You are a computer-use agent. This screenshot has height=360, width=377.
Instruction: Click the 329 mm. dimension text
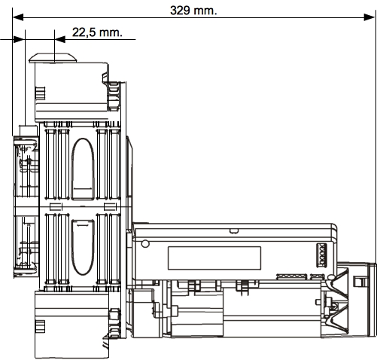tap(193, 11)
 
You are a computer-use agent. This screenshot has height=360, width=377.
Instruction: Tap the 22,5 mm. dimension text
tap(97, 32)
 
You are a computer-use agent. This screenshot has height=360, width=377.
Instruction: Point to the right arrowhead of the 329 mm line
tap(369, 17)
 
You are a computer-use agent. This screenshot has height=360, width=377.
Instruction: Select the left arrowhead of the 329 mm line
tap(18, 17)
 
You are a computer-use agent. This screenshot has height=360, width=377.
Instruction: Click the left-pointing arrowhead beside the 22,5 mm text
tap(60, 39)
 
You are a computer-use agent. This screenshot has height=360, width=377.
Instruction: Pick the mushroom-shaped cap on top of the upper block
tap(53, 58)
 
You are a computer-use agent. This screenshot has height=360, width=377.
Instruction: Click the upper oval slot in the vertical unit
tap(83, 169)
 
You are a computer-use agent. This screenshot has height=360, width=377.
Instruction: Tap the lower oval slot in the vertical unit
tap(83, 247)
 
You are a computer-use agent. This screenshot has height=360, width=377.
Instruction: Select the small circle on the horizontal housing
tap(145, 243)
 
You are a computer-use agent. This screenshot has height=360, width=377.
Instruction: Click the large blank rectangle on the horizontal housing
tap(214, 258)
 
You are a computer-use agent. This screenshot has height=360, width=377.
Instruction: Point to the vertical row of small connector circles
tap(322, 255)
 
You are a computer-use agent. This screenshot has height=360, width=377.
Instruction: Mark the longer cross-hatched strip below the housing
tap(292, 277)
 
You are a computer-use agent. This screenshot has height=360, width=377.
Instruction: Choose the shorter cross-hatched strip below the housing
tap(318, 277)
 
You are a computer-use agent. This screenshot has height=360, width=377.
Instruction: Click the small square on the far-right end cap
tap(358, 281)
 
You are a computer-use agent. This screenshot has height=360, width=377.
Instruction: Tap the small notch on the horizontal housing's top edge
tap(233, 231)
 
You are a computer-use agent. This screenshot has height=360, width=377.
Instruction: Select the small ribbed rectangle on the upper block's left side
tap(40, 93)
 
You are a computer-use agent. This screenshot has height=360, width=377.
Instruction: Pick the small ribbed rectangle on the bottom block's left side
tap(40, 326)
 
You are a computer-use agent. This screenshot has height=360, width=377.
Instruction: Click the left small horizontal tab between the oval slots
tap(56, 206)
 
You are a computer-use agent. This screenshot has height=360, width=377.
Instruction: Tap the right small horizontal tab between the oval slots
tap(110, 206)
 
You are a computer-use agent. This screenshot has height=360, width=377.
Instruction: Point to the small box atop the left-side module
tap(29, 130)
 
